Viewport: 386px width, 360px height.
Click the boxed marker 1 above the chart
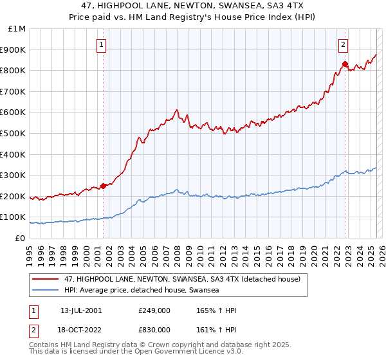click(102, 45)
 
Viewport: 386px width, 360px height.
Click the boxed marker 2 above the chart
click(344, 45)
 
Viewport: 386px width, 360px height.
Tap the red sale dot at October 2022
click(345, 64)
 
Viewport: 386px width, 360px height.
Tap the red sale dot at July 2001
click(103, 186)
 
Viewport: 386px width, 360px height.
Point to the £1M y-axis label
click(18, 29)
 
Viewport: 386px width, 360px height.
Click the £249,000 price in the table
click(154, 310)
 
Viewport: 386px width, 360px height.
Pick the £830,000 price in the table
click(154, 330)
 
